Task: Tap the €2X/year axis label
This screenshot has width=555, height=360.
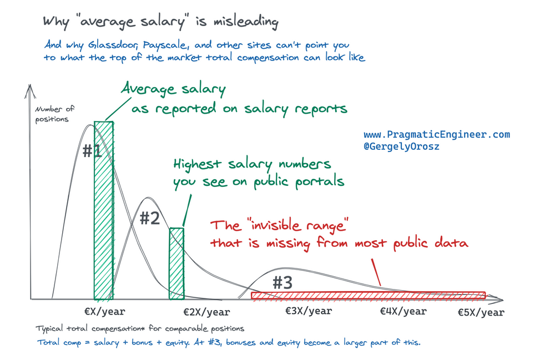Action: [206, 313]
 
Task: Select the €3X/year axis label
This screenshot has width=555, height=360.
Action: [309, 311]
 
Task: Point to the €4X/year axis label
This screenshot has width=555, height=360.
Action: [403, 311]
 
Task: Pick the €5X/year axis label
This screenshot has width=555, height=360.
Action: [481, 313]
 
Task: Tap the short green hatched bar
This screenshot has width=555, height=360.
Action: [176, 263]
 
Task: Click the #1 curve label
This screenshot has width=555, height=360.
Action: [92, 151]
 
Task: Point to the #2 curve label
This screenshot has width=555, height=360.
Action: [149, 219]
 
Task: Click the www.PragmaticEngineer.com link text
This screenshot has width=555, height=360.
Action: [436, 135]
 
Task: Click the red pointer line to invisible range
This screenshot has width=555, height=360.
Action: [374, 271]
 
